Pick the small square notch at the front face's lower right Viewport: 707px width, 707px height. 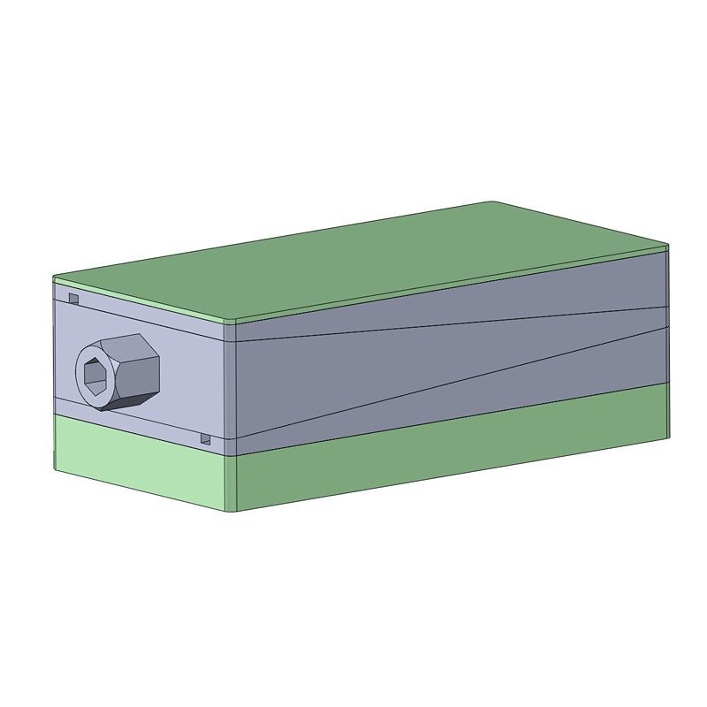206,438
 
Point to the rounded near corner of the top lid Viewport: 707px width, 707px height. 232,319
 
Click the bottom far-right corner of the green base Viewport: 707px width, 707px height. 668,436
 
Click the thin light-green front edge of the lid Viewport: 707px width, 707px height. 141,301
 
